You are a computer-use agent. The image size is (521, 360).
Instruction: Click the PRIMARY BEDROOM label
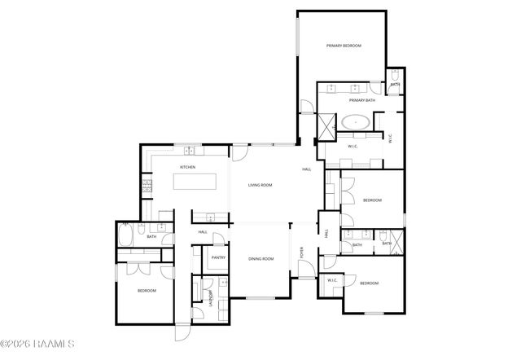pyautogui.click(x=344, y=46)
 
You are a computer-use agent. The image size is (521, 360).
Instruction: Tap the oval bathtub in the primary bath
pyautogui.click(x=356, y=122)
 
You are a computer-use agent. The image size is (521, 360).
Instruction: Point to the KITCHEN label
pyautogui.click(x=188, y=167)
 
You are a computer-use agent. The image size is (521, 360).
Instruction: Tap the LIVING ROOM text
pyautogui.click(x=260, y=185)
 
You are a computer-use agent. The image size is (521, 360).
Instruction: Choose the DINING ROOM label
pyautogui.click(x=261, y=258)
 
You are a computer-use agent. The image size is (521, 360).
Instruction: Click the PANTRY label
pyautogui.click(x=218, y=257)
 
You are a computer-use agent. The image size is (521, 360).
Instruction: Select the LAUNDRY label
pyautogui.click(x=212, y=296)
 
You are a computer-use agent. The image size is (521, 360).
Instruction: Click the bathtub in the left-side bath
pyautogui.click(x=126, y=236)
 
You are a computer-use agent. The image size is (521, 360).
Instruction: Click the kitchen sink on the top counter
pyautogui.click(x=189, y=151)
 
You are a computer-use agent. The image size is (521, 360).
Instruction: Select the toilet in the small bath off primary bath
pyautogui.click(x=395, y=77)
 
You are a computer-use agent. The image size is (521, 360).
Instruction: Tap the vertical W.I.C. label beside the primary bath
pyautogui.click(x=391, y=139)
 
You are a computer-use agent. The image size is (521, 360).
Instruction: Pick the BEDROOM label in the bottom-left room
pyautogui.click(x=146, y=291)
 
